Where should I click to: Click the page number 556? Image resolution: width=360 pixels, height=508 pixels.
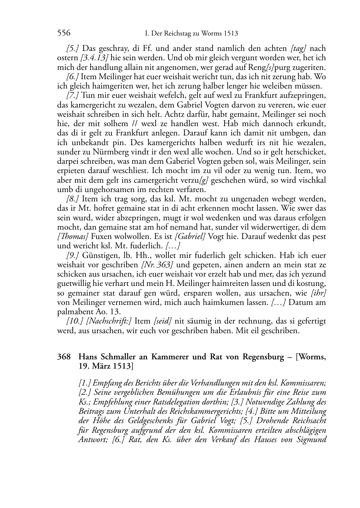tap(64, 33)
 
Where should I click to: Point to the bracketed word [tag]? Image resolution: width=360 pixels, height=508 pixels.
tap(298, 48)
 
